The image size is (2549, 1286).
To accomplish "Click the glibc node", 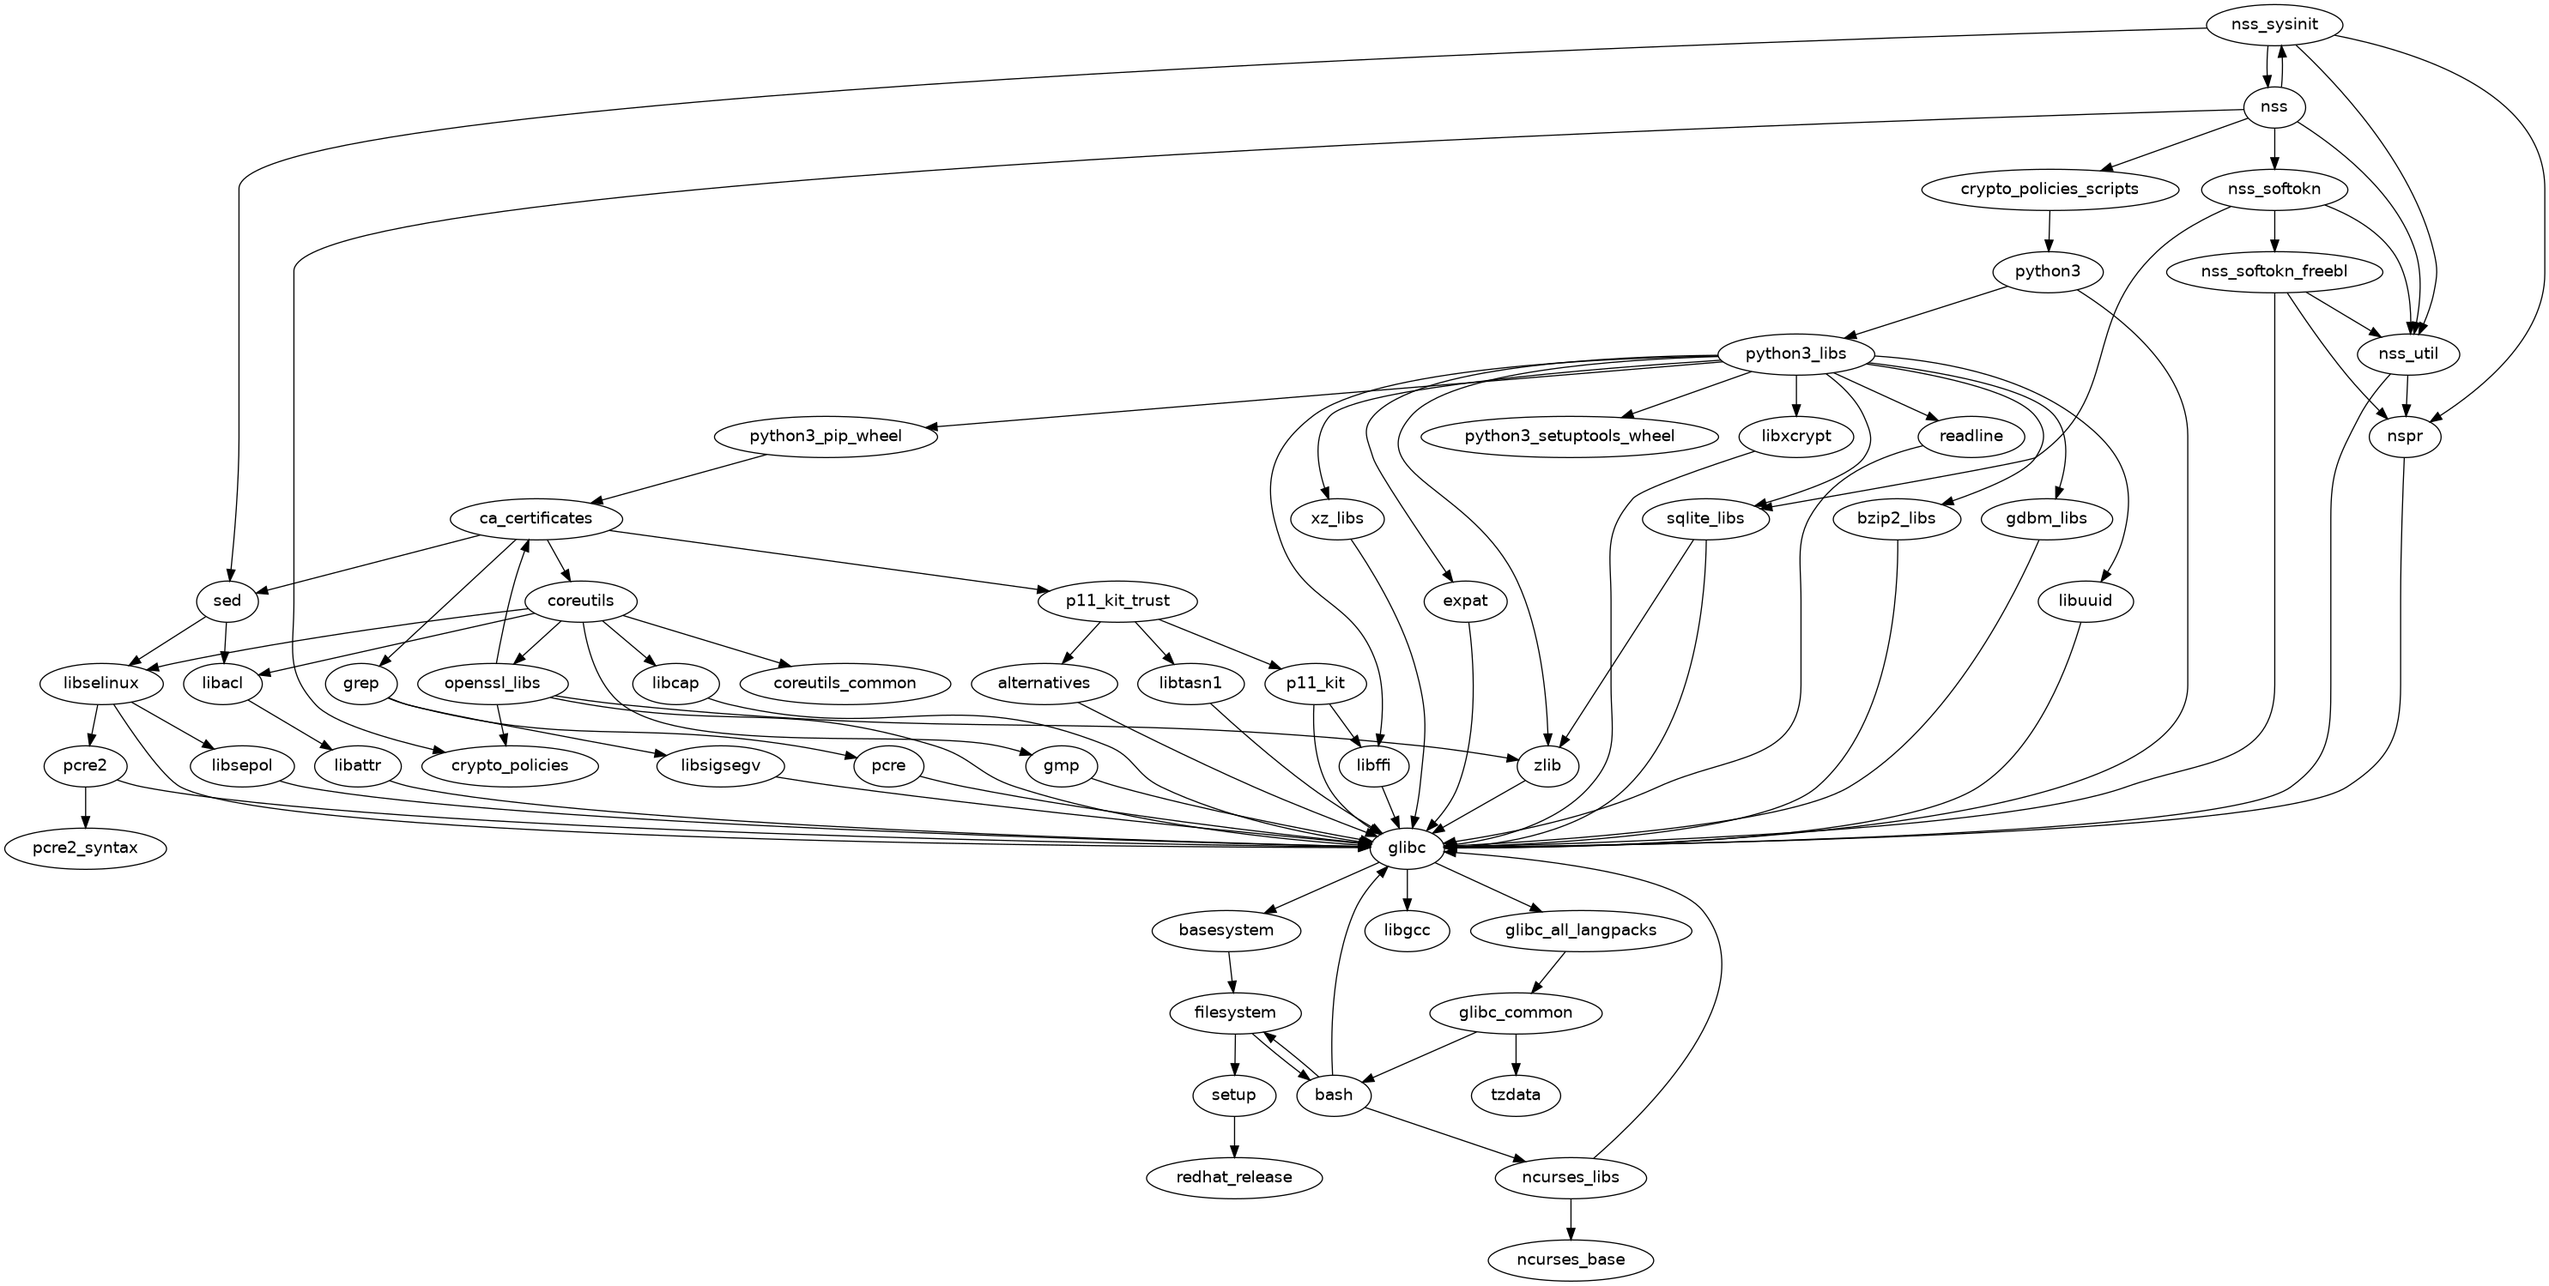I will (1406, 848).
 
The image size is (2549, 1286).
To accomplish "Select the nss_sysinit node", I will (2274, 24).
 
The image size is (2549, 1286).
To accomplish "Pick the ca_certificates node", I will (536, 518).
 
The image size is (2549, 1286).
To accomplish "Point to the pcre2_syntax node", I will (85, 848).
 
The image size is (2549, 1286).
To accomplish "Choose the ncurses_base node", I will (1571, 1259).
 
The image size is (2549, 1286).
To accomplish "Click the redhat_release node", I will (1234, 1177).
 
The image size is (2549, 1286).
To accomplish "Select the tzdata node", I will (1515, 1095).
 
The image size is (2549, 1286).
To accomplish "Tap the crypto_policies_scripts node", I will (2049, 189).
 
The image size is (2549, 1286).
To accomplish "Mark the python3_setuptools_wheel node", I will (1570, 437).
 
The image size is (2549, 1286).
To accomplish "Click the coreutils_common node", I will (844, 683).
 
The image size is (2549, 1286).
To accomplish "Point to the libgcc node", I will (1406, 930).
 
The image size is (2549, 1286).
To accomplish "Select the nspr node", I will (2405, 437).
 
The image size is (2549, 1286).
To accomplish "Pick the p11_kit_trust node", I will (1117, 601).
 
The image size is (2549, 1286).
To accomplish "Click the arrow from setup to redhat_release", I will (1234, 1136).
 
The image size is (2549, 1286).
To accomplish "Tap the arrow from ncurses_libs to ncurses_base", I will (1571, 1219).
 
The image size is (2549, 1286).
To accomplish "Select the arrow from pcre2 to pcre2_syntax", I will (86, 806).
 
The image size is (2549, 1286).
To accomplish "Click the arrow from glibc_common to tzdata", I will (1515, 1054).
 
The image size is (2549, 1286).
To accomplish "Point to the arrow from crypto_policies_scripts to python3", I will (2049, 230).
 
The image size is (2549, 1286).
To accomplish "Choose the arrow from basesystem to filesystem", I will (1231, 971).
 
